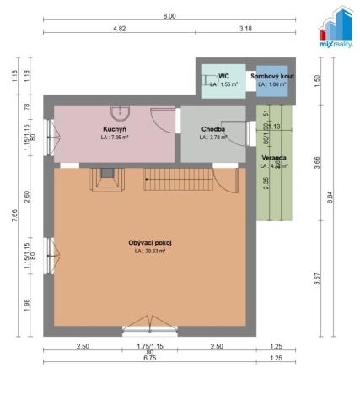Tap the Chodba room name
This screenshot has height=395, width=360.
click(212, 128)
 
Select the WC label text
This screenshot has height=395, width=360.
click(223, 76)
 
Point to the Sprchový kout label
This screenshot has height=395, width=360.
click(271, 76)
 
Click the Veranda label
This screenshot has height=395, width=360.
click(271, 157)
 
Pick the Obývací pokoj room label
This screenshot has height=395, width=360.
click(149, 243)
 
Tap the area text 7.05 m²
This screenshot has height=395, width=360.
click(116, 137)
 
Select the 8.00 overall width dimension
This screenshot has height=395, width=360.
click(169, 16)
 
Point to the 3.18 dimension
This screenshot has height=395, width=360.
click(245, 30)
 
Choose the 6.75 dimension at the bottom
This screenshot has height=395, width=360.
click(149, 359)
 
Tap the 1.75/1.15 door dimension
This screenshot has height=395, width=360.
click(149, 345)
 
